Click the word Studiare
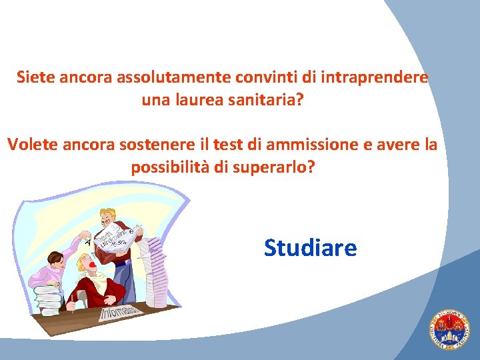tap(310, 248)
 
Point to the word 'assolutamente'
tap(175, 77)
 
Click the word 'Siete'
tap(36, 77)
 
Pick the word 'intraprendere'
tap(374, 77)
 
